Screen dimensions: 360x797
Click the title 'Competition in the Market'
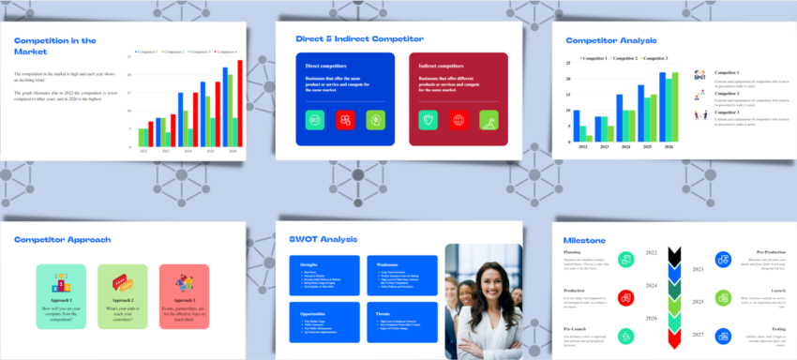(55, 46)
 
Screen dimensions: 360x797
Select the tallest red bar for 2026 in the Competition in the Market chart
(239, 103)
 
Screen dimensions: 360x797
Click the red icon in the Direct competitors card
(345, 120)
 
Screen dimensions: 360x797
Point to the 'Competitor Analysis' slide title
(610, 40)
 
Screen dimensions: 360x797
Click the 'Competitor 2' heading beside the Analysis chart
(727, 93)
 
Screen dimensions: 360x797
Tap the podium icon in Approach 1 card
(60, 282)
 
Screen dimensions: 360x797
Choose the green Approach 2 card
(122, 295)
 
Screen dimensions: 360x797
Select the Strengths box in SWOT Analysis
(323, 276)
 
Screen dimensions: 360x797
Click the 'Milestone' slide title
(584, 241)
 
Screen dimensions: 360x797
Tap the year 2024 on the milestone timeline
(650, 285)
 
